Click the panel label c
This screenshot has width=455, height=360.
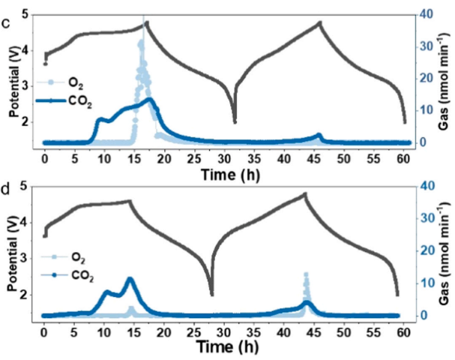pos(6,22)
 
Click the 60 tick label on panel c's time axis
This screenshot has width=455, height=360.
pos(404,157)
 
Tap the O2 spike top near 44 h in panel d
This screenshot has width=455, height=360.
pos(306,275)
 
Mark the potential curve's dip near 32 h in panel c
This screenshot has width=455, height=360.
pos(235,121)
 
